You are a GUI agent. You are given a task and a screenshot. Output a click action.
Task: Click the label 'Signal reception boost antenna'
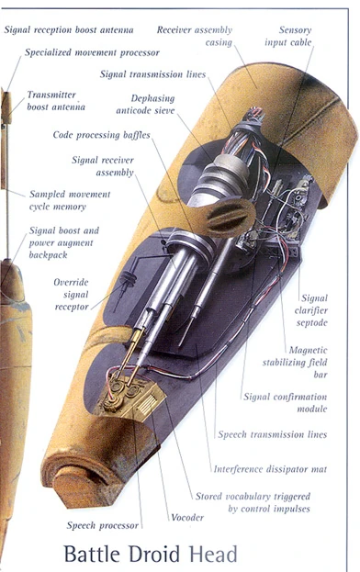70,29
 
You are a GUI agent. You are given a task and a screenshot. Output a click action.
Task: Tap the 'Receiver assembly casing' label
195,36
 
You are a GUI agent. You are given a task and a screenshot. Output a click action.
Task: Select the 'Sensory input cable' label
295,36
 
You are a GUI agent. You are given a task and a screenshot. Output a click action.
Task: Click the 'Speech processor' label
101,525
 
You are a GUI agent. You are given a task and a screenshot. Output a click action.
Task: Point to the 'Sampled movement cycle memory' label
70,200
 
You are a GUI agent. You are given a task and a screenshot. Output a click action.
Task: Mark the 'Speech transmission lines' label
271,434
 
